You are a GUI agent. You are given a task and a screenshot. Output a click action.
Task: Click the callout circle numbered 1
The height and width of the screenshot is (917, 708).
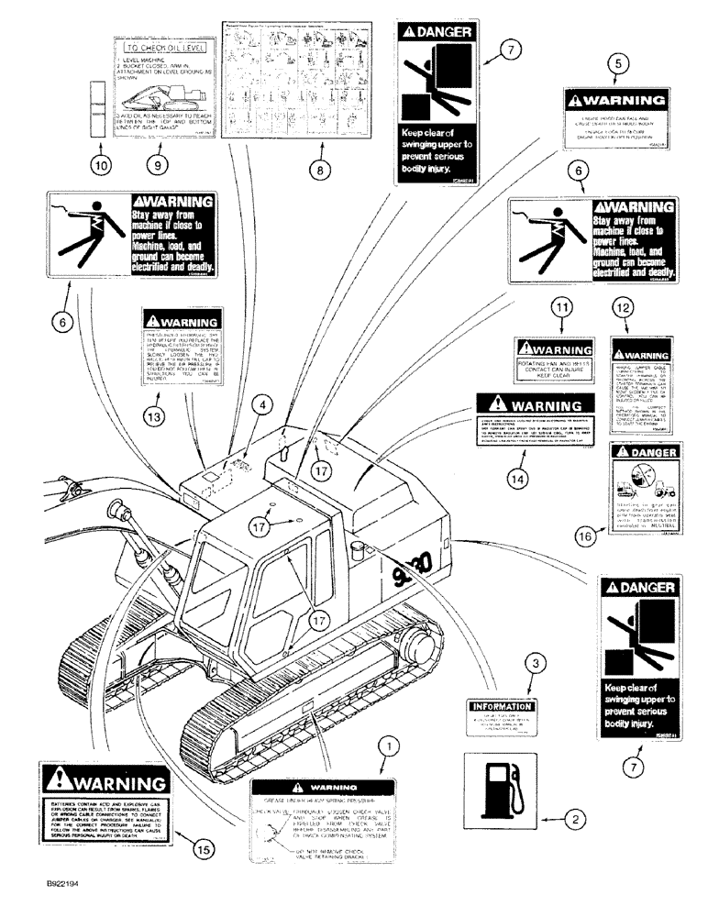[391, 749]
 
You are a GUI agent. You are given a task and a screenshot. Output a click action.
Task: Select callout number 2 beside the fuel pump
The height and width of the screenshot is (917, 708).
[575, 816]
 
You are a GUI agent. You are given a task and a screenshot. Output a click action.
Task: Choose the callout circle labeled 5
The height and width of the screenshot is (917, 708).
[621, 63]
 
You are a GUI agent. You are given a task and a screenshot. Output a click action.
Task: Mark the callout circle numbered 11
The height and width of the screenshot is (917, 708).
[561, 308]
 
